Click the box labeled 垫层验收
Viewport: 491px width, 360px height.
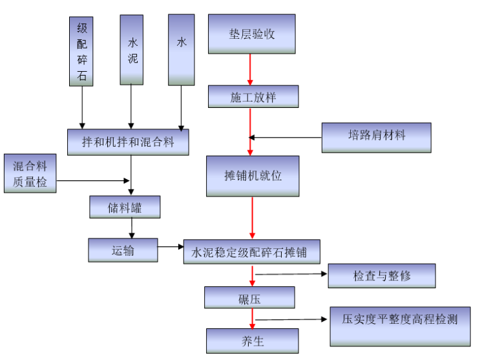click(251, 34)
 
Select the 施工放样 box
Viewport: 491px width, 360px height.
click(253, 97)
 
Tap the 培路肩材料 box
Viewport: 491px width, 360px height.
click(376, 137)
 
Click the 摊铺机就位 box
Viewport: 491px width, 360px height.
click(253, 176)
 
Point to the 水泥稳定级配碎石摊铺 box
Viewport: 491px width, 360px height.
click(252, 251)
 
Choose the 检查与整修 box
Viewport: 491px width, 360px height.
click(381, 276)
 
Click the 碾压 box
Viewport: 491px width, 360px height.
click(249, 298)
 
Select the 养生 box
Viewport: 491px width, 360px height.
click(252, 340)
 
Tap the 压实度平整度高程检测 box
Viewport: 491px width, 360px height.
click(400, 326)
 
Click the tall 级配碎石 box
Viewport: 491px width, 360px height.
click(81, 51)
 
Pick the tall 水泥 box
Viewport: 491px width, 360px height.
click(131, 50)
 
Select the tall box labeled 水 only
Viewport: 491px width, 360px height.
click(181, 50)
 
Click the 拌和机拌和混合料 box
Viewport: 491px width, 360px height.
click(128, 142)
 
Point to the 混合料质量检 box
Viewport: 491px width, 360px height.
click(30, 174)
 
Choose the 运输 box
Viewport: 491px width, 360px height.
click(123, 250)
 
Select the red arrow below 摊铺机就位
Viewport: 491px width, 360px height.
click(252, 218)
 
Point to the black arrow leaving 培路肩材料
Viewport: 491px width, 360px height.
click(285, 137)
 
